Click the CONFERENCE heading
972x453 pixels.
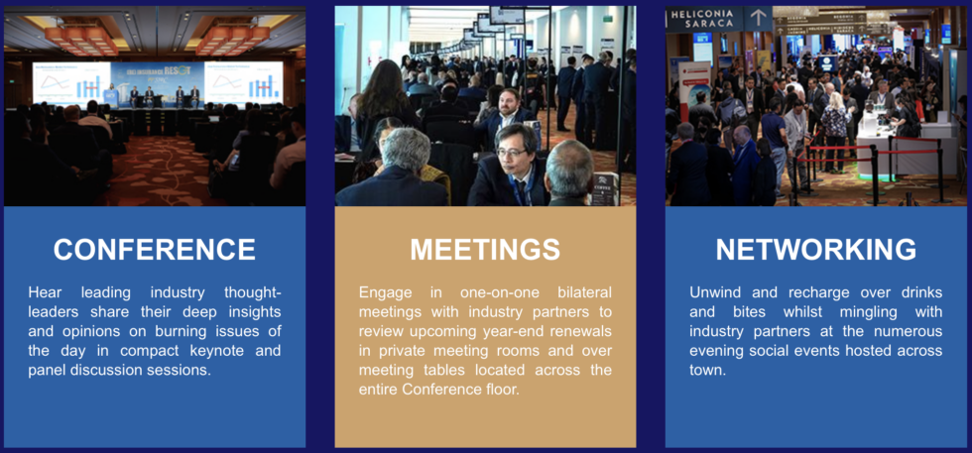[154, 249]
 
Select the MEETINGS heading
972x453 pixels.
[485, 249]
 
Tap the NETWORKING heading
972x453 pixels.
[816, 249]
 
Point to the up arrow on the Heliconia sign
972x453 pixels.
[759, 17]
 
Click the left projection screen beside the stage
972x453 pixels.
[70, 82]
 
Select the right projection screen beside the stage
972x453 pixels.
[243, 82]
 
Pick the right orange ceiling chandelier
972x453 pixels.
[230, 38]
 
